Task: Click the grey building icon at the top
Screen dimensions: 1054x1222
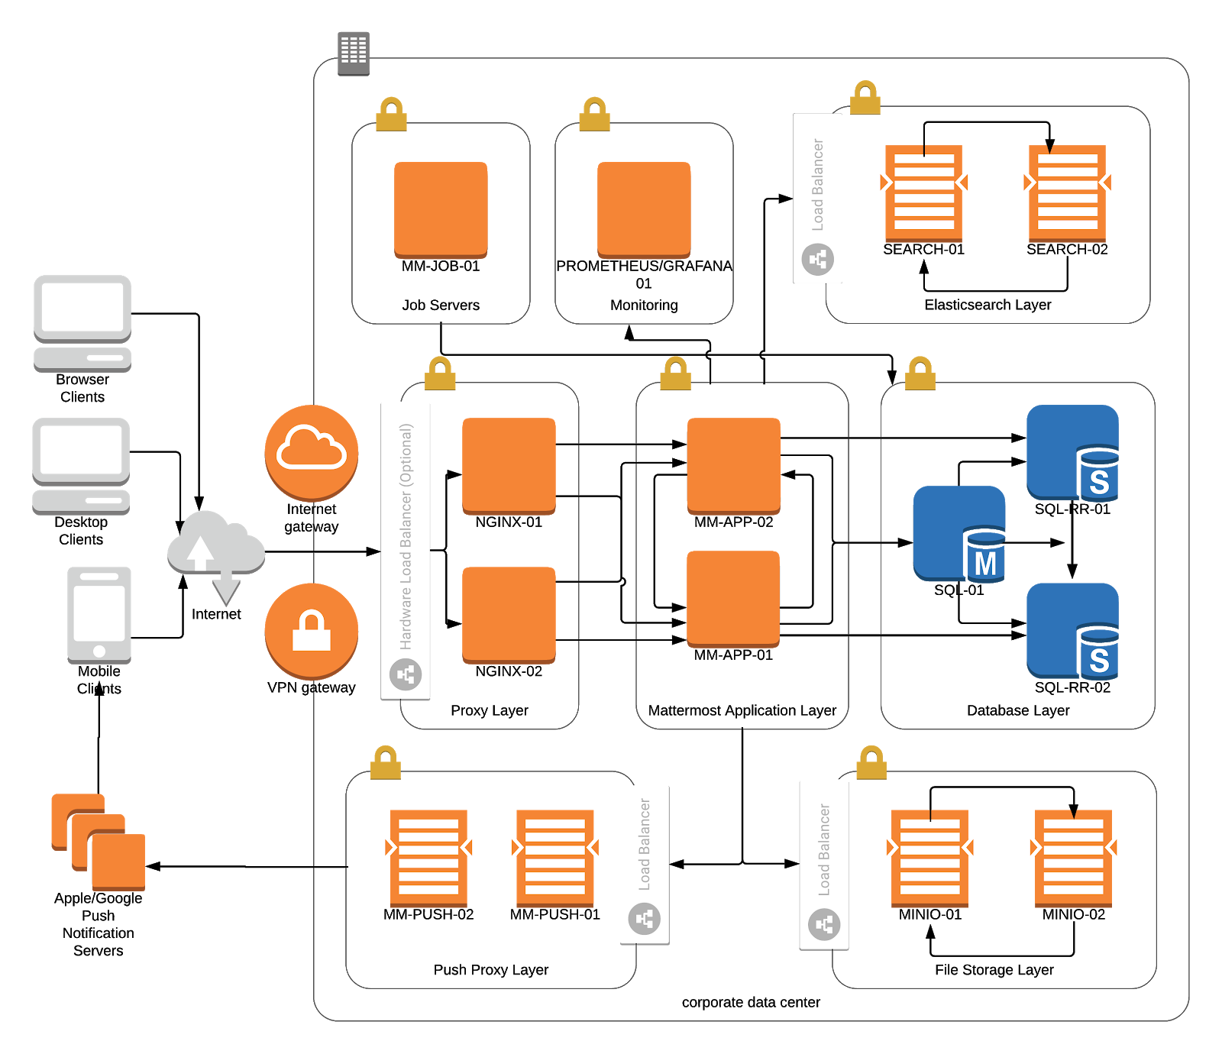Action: point(353,53)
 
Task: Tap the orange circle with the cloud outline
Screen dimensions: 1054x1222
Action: point(312,452)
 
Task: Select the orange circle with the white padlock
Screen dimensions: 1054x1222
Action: point(312,630)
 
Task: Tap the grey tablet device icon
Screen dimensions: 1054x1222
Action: point(99,615)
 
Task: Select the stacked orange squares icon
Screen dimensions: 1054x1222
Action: point(99,842)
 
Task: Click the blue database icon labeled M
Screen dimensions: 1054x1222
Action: point(960,534)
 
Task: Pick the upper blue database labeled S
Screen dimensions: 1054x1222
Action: point(1073,452)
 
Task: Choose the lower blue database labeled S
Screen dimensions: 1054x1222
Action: point(1073,631)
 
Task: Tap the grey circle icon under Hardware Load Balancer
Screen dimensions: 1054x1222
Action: point(406,674)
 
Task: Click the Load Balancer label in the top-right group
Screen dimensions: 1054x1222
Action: point(818,185)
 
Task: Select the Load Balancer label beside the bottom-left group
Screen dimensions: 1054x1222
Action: point(645,845)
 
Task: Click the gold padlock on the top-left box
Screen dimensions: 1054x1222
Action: point(391,114)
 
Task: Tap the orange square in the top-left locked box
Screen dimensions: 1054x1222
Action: point(441,210)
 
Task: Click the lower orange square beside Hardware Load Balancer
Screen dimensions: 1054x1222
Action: point(509,615)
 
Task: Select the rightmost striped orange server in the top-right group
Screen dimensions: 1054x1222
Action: point(1068,192)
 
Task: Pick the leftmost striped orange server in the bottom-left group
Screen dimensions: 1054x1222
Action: point(428,857)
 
